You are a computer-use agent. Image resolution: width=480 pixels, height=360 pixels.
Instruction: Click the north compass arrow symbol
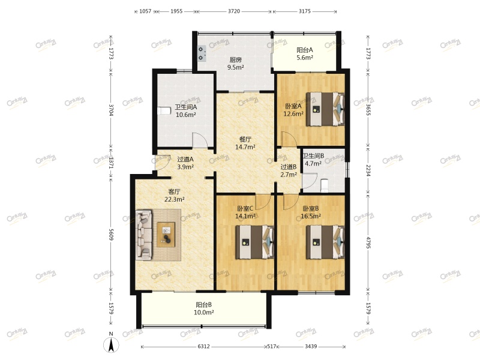[112, 344]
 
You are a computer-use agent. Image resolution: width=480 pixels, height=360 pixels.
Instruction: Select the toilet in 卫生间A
[164, 110]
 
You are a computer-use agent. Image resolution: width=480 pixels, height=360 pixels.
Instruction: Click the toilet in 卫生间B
[324, 186]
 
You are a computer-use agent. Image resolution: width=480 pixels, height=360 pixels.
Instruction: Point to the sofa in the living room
[144, 235]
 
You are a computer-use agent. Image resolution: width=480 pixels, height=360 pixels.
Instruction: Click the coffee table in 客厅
[166, 235]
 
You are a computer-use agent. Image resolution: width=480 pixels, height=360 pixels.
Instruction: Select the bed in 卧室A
[325, 109]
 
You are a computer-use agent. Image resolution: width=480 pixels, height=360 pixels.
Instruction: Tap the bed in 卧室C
[254, 242]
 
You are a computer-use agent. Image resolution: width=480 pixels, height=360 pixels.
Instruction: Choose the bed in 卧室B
[325, 242]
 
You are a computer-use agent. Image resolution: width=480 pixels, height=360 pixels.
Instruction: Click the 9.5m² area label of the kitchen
[235, 67]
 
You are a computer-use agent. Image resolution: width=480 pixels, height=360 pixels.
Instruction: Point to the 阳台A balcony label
[305, 50]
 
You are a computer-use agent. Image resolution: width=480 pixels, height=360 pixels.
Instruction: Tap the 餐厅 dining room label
[245, 139]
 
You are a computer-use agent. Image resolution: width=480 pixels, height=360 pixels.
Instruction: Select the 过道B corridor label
[289, 167]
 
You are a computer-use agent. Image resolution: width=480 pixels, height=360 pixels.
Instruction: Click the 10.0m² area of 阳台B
[203, 313]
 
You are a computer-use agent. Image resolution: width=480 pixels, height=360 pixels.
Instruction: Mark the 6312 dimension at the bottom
[203, 346]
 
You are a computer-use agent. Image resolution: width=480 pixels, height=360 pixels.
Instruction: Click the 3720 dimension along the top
[234, 11]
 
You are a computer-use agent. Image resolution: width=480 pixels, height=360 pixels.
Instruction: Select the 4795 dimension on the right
[368, 242]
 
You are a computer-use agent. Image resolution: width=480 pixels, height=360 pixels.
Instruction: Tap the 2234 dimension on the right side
[368, 170]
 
